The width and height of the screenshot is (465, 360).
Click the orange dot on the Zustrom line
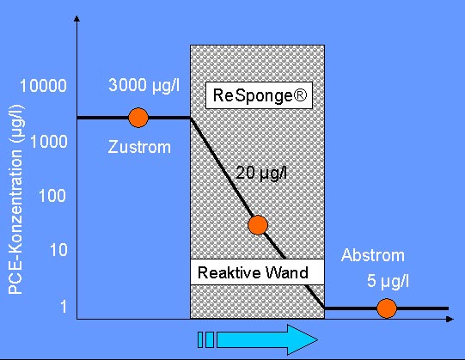138,118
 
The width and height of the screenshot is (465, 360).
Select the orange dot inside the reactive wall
258,225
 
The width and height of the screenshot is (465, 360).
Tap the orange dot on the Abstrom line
387,308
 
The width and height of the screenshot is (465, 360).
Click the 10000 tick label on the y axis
43,86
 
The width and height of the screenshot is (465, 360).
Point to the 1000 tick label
49,142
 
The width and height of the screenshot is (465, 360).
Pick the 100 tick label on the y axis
52,196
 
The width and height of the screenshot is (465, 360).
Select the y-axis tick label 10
58,250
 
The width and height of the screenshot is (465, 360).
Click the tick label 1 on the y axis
64,307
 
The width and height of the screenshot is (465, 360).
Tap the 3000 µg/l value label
144,85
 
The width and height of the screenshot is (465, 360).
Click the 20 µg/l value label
261,173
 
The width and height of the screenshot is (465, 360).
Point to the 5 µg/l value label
388,281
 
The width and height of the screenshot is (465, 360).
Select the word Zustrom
139,147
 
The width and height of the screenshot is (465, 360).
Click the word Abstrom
373,255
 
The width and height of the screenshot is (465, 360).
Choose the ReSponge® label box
260,95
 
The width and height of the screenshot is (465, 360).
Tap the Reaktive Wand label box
257,272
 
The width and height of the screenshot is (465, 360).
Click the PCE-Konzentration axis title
16,199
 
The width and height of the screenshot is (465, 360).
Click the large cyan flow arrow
267,340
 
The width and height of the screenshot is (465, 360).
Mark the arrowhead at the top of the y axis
76,19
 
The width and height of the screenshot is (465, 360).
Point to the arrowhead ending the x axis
450,319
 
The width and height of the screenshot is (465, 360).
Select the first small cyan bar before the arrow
200,340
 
